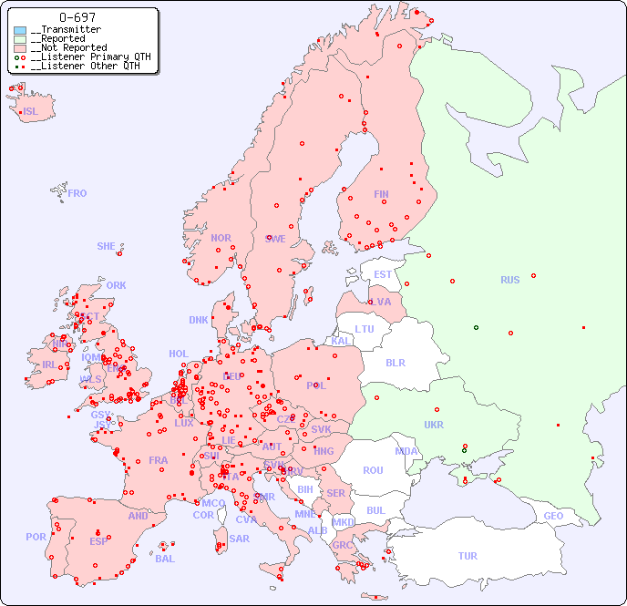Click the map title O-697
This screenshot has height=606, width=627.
77,17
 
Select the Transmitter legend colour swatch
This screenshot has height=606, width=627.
20,30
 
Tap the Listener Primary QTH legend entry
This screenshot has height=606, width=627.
85,56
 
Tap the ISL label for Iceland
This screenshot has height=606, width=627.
31,112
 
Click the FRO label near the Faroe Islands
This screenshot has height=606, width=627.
77,193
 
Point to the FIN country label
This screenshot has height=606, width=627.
381,194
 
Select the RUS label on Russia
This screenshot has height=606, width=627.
509,280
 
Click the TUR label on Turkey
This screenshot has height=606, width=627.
468,556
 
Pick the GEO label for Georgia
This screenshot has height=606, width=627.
553,516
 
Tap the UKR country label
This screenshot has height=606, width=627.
434,425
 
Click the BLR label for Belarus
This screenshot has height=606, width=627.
395,362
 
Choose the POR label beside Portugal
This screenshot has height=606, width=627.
36,537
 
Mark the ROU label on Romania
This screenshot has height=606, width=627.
373,470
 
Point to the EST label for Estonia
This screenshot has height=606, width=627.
383,274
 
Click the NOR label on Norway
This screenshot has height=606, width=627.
221,238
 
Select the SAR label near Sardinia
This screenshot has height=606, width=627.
239,539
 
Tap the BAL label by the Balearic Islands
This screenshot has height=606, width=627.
165,559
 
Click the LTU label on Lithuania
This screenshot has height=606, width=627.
365,329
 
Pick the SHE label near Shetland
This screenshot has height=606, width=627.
107,246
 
